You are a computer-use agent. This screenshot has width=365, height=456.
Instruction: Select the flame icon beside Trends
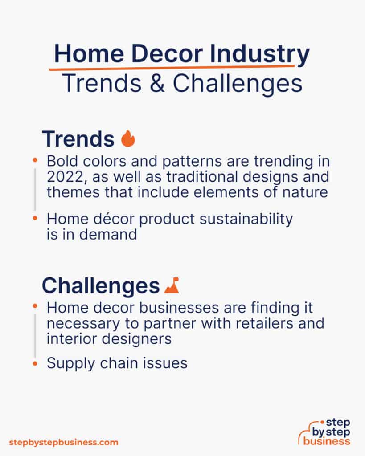(128, 139)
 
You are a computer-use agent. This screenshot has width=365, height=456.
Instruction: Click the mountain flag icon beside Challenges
(172, 285)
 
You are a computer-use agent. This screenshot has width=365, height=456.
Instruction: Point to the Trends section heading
(78, 139)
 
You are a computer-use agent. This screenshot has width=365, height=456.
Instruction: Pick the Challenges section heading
(101, 286)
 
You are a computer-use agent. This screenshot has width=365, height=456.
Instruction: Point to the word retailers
(254, 323)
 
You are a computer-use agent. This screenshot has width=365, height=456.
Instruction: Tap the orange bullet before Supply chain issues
(35, 364)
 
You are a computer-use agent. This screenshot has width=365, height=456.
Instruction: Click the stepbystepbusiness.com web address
(63, 442)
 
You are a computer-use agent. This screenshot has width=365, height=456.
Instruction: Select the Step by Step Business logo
(324, 432)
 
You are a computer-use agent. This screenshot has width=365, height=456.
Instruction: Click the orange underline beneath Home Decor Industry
(172, 68)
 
